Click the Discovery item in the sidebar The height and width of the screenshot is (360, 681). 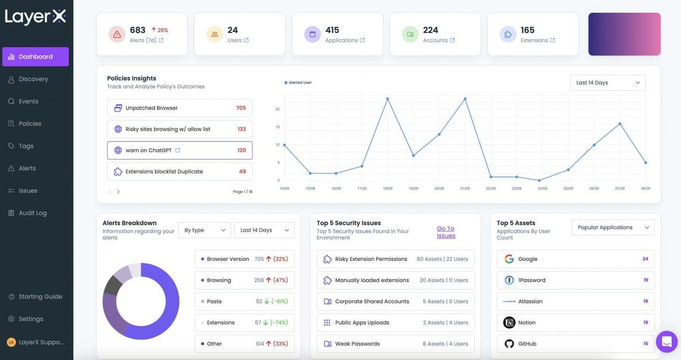[33, 79]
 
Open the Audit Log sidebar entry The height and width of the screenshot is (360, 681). [32, 213]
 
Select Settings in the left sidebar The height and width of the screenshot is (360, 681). [30, 319]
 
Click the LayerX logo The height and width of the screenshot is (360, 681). [35, 17]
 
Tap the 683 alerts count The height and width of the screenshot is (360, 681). [137, 30]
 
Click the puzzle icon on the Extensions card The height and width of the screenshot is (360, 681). [508, 35]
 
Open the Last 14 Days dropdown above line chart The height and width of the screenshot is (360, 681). [607, 83]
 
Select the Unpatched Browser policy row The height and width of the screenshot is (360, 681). [179, 108]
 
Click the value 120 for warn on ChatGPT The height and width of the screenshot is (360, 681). [241, 150]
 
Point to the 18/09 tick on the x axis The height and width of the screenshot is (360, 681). [388, 189]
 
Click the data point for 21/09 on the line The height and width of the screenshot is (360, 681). [465, 99]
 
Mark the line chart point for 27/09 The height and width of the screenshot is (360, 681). [620, 124]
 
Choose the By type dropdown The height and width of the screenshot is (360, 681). [204, 230]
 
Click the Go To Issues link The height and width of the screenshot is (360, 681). [446, 232]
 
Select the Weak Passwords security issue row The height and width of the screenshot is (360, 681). [396, 344]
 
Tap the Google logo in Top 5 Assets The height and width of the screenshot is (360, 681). [509, 259]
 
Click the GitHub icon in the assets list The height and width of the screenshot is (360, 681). [509, 344]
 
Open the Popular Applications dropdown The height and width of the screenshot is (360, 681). [612, 227]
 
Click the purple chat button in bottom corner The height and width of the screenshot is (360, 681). [666, 342]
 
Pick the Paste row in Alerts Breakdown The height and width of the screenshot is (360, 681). [244, 301]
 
